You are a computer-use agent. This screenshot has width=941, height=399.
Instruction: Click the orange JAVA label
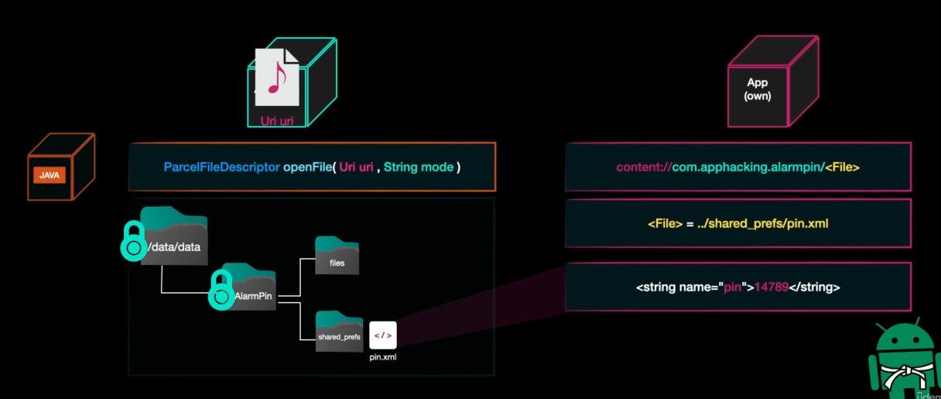49,175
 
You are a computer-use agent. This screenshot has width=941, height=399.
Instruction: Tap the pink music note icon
276,77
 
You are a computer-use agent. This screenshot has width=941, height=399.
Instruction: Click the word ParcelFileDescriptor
221,167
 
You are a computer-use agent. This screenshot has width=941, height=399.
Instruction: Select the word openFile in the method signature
306,167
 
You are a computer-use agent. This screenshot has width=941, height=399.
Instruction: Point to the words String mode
419,167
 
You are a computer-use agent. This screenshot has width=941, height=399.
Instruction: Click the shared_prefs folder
339,332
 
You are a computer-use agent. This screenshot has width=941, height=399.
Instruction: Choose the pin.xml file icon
383,335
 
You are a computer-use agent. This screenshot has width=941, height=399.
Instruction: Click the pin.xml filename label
383,357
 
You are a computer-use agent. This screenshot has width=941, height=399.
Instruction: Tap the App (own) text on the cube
758,89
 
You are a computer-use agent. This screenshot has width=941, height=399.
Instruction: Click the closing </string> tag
814,287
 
